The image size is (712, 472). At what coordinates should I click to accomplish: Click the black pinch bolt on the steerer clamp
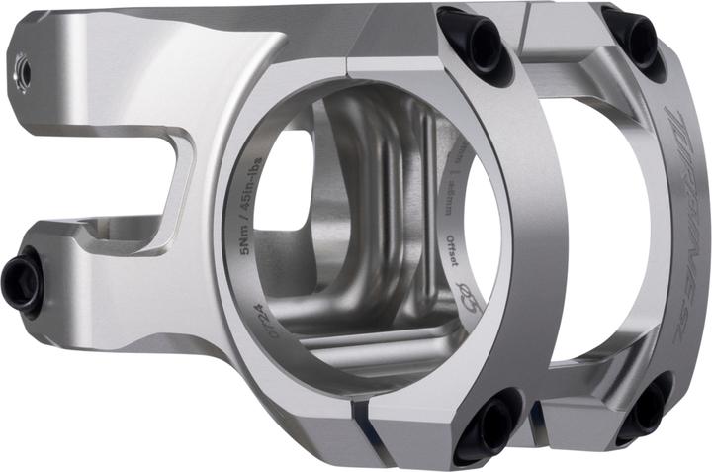point(22,282)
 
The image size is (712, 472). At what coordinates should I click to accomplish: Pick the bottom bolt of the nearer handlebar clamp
point(486,425)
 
